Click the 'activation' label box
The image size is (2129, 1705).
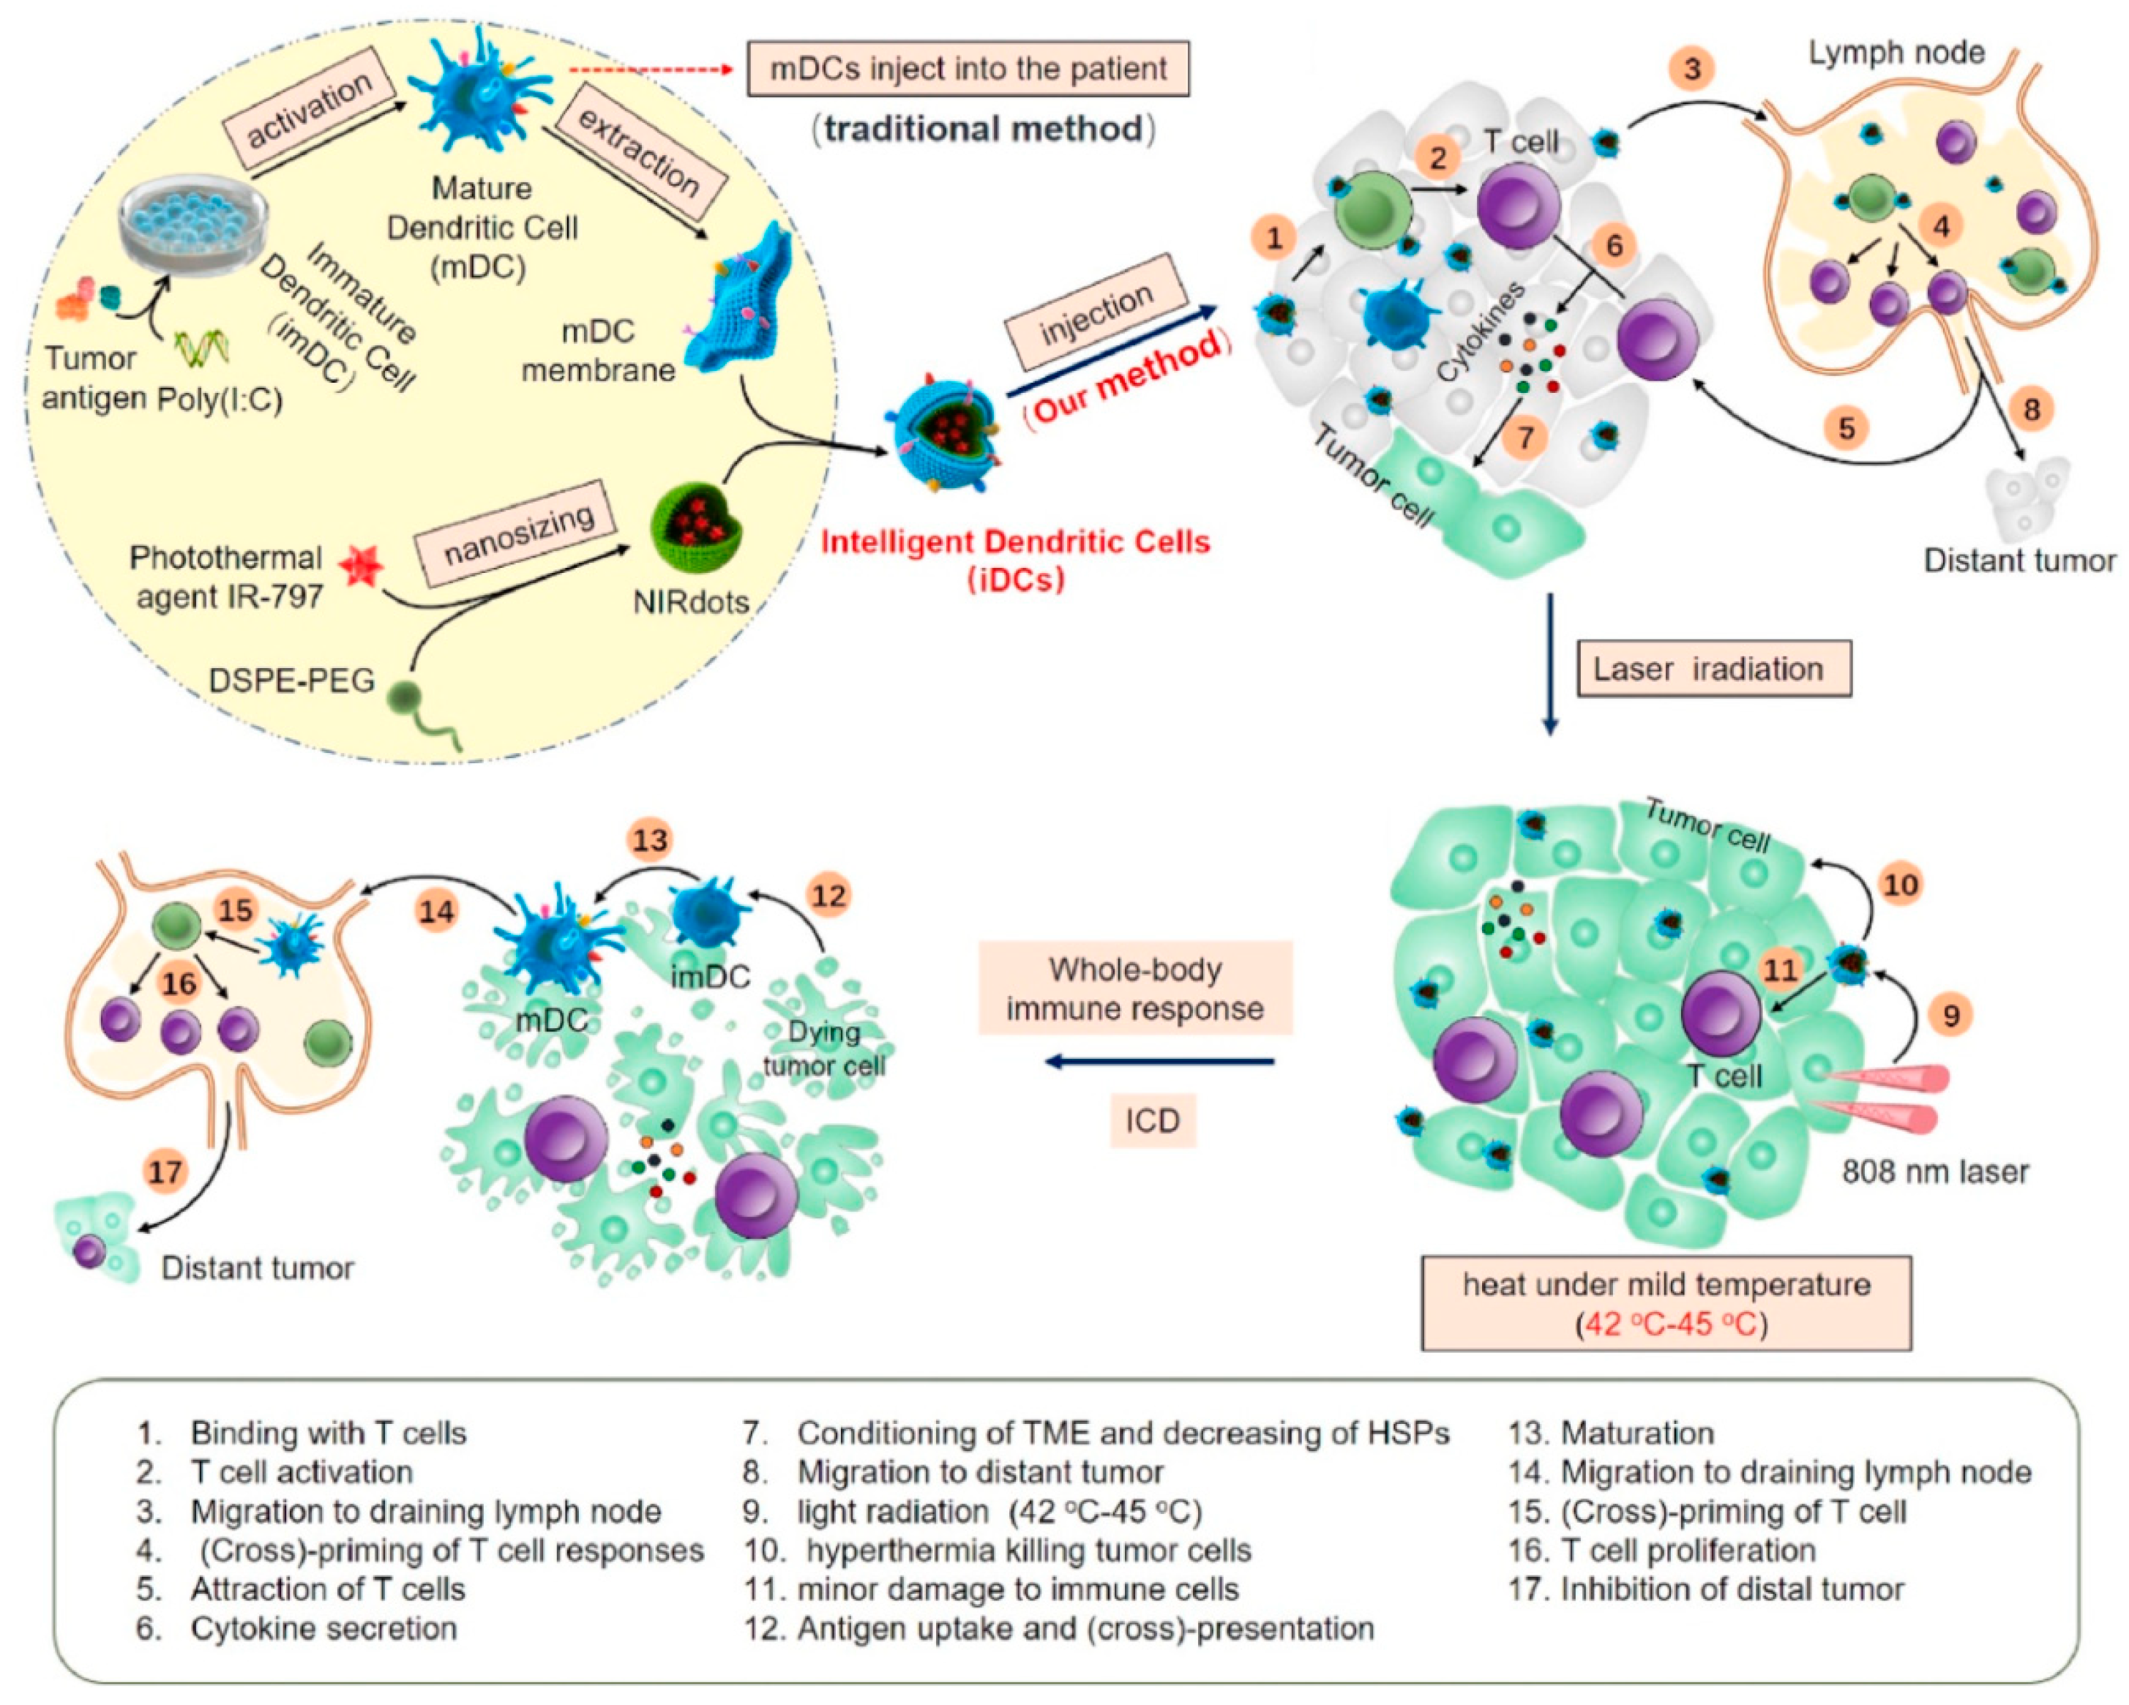pyautogui.click(x=308, y=110)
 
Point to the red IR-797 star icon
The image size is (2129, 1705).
pyautogui.click(x=360, y=569)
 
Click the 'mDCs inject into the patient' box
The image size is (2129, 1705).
pyautogui.click(x=967, y=69)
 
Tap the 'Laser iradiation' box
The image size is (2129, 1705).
pyautogui.click(x=1713, y=670)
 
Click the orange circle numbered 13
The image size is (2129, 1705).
pyautogui.click(x=650, y=840)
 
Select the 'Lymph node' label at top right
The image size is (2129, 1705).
pyautogui.click(x=1896, y=53)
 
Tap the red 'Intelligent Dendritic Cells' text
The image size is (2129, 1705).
pyautogui.click(x=1015, y=542)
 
